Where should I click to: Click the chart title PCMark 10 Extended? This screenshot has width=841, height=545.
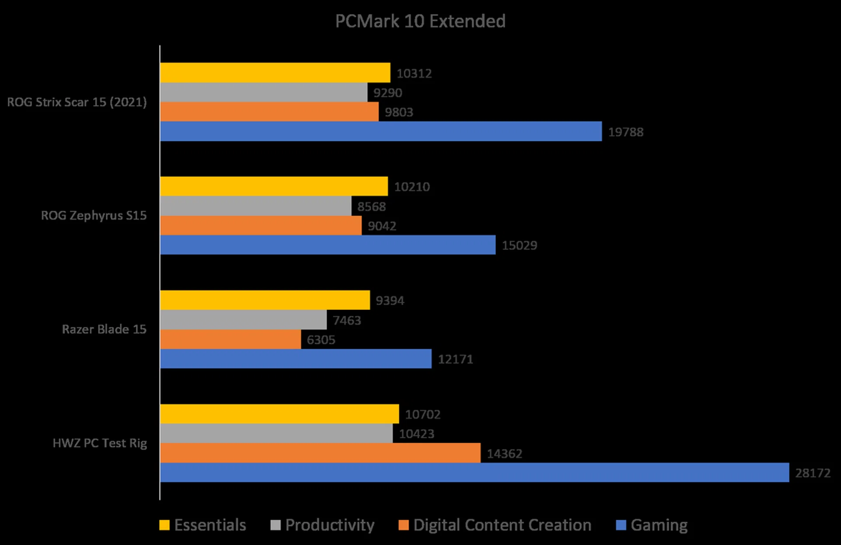pyautogui.click(x=420, y=21)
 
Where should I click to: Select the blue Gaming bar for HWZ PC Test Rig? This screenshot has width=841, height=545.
pyautogui.click(x=474, y=473)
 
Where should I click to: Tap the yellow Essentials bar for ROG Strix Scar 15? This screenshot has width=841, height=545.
pyautogui.click(x=275, y=73)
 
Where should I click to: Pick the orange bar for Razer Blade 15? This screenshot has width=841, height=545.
pyautogui.click(x=230, y=339)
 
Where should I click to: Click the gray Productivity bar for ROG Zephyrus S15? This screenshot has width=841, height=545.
pyautogui.click(x=255, y=206)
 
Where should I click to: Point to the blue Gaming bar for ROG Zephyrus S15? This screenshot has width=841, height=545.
pyautogui.click(x=328, y=245)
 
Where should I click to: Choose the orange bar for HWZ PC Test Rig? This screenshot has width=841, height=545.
pyautogui.click(x=320, y=453)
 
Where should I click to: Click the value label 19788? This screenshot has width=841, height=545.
pyautogui.click(x=625, y=132)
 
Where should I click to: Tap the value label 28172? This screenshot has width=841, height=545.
pyautogui.click(x=813, y=473)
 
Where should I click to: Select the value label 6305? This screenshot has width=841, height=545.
pyautogui.click(x=321, y=340)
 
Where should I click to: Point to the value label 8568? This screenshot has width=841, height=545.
pyautogui.click(x=371, y=206)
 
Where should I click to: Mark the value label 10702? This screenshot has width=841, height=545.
pyautogui.click(x=422, y=414)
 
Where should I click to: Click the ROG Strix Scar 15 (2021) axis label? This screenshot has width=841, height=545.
pyautogui.click(x=77, y=102)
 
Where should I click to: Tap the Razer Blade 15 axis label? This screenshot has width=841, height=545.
pyautogui.click(x=104, y=329)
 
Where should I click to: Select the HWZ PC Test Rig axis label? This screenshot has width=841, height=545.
pyautogui.click(x=100, y=443)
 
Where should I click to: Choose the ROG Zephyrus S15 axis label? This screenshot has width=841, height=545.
pyautogui.click(x=94, y=215)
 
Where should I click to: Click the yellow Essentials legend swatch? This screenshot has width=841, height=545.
pyautogui.click(x=164, y=525)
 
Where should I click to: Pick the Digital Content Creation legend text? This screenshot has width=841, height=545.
pyautogui.click(x=502, y=525)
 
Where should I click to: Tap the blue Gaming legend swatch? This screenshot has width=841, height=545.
pyautogui.click(x=621, y=525)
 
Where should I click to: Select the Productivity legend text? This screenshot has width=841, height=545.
pyautogui.click(x=330, y=525)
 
